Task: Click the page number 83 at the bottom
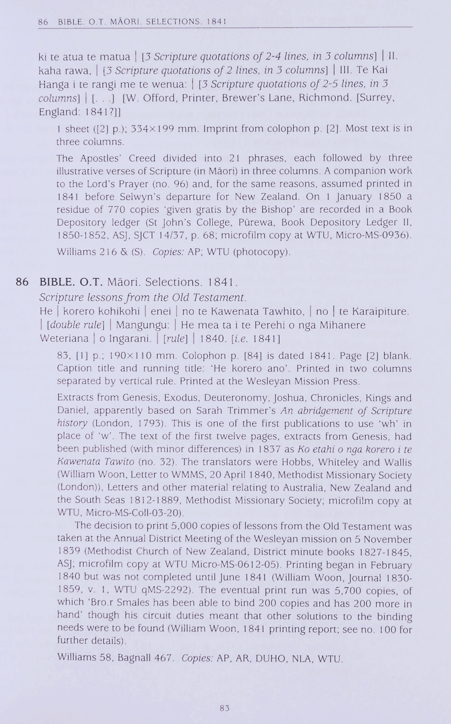pos(225,708)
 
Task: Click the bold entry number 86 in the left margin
pos(22,282)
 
